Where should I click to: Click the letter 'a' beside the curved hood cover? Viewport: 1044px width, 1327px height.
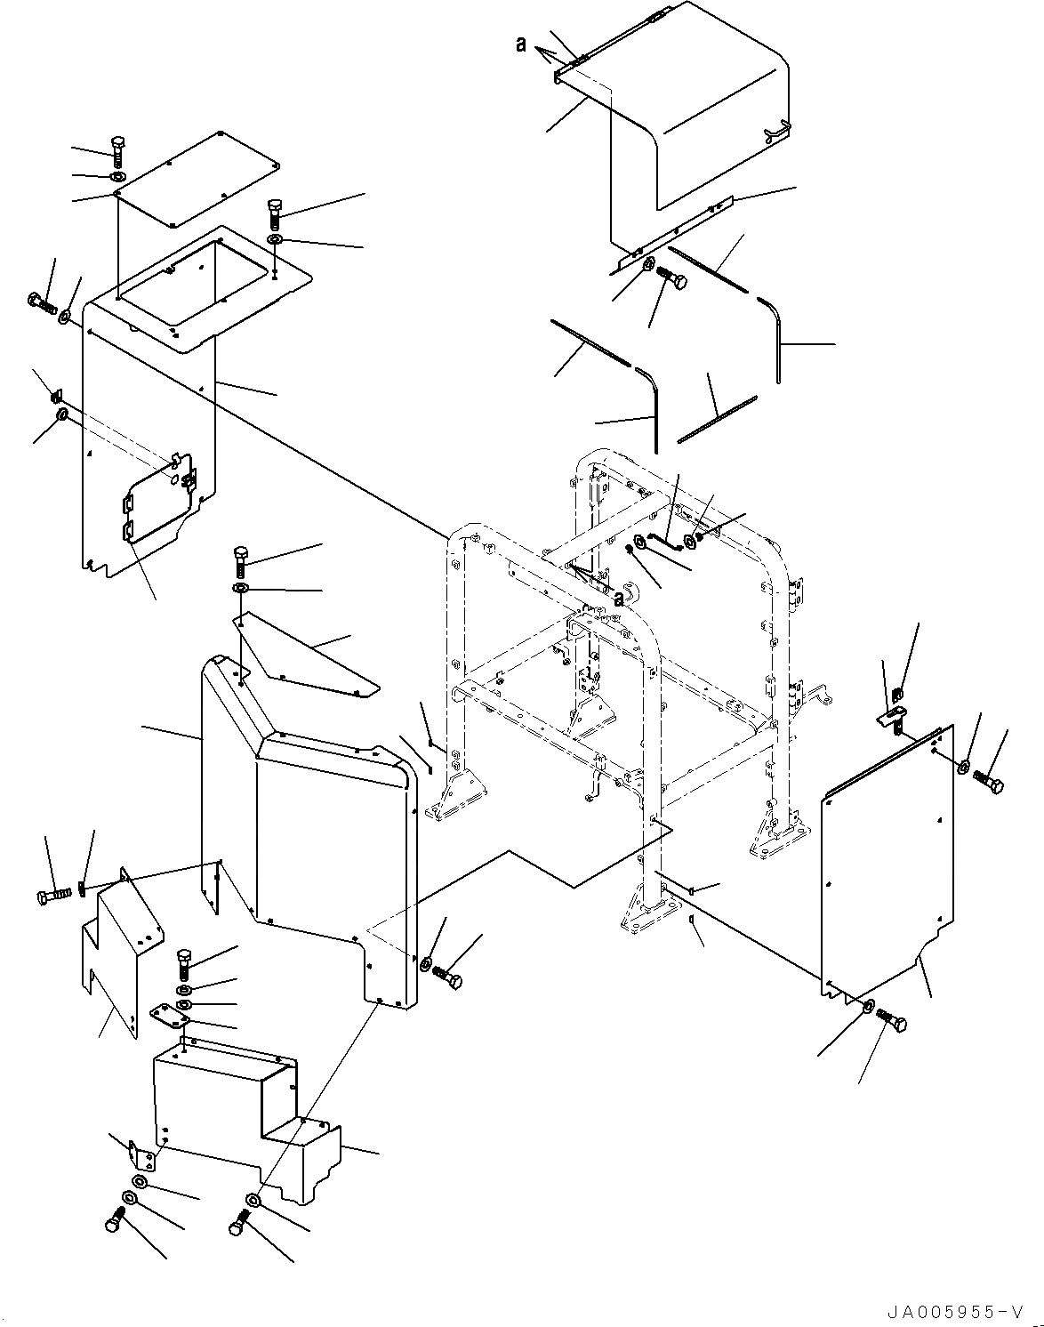pos(521,44)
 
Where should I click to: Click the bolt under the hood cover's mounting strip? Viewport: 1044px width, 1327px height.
pos(672,280)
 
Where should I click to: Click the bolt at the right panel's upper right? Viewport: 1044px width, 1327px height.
pos(989,783)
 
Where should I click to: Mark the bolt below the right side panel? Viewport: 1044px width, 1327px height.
pos(891,1022)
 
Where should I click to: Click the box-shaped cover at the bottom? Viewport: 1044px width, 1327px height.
pos(240,1112)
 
